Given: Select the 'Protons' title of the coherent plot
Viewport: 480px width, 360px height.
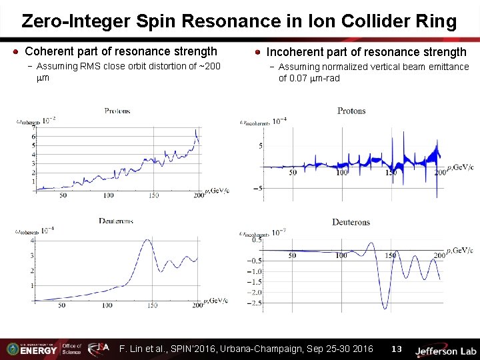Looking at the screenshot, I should tap(117, 111).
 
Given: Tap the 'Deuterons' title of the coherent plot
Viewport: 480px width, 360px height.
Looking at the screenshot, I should tap(116, 221).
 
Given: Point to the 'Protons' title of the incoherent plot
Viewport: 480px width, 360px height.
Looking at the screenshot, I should tap(351, 111).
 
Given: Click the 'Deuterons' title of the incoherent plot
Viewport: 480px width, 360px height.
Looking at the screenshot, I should tap(351, 222).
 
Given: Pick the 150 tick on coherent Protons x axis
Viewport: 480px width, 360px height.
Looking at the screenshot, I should tap(153, 195).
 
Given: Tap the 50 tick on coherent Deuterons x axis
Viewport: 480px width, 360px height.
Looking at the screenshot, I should tap(62, 305).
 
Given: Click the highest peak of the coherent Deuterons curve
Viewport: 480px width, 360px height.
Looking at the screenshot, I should tap(147, 239).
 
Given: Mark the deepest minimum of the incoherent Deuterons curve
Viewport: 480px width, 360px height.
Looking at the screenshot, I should tap(385, 309).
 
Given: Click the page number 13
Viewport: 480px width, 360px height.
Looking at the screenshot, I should tap(397, 349).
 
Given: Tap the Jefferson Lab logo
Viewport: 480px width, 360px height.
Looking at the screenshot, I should tap(445, 350).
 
